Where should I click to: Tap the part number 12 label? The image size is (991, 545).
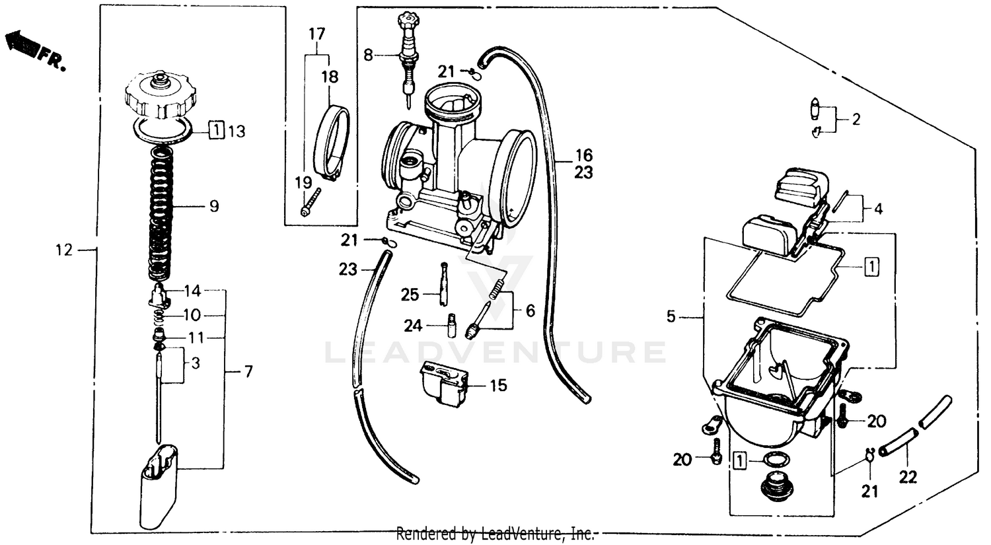click(63, 250)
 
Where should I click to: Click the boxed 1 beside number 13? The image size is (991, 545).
click(217, 130)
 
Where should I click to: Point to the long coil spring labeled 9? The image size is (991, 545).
click(159, 211)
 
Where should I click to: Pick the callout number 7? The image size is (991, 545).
click(248, 372)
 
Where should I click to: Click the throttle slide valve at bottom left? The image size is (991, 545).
click(159, 486)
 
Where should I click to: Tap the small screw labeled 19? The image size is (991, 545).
click(311, 201)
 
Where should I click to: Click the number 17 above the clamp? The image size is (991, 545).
click(317, 33)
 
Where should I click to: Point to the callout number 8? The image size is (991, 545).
click(369, 55)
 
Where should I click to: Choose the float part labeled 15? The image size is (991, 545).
click(444, 382)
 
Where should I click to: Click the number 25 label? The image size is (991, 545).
click(410, 294)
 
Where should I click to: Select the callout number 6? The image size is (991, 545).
click(530, 310)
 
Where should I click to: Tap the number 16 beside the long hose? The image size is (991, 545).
click(583, 156)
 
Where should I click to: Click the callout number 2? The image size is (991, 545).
click(856, 120)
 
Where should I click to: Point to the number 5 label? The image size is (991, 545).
click(671, 317)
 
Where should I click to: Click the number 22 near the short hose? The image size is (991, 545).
click(908, 476)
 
